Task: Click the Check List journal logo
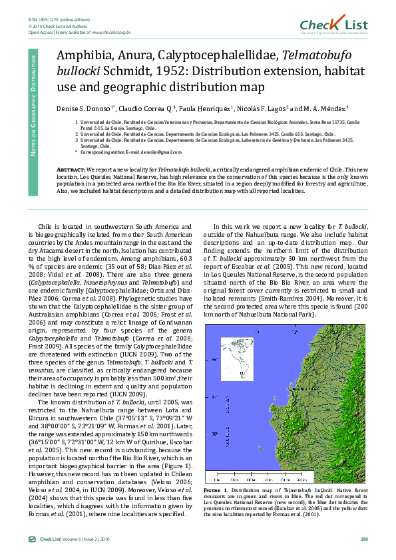pos(342,25)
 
